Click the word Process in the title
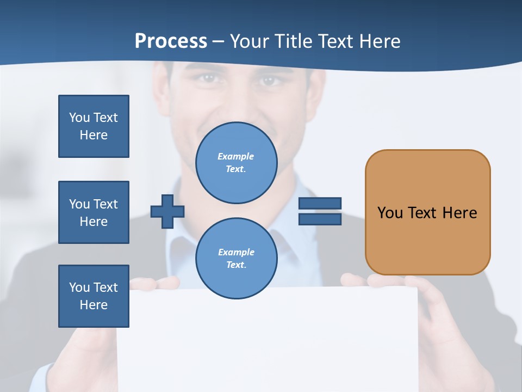coord(171,41)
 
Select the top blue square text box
coord(94,126)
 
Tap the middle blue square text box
coord(94,212)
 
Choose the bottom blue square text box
coord(94,296)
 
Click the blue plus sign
coord(167,211)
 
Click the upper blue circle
coord(237,163)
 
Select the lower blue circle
coord(237,259)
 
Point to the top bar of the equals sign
coord(320,203)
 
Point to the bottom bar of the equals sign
coord(320,219)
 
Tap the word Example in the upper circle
coord(235,156)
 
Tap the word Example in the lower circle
coord(235,252)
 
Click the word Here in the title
coord(380,41)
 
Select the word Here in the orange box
coord(459,213)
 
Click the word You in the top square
coord(79,118)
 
